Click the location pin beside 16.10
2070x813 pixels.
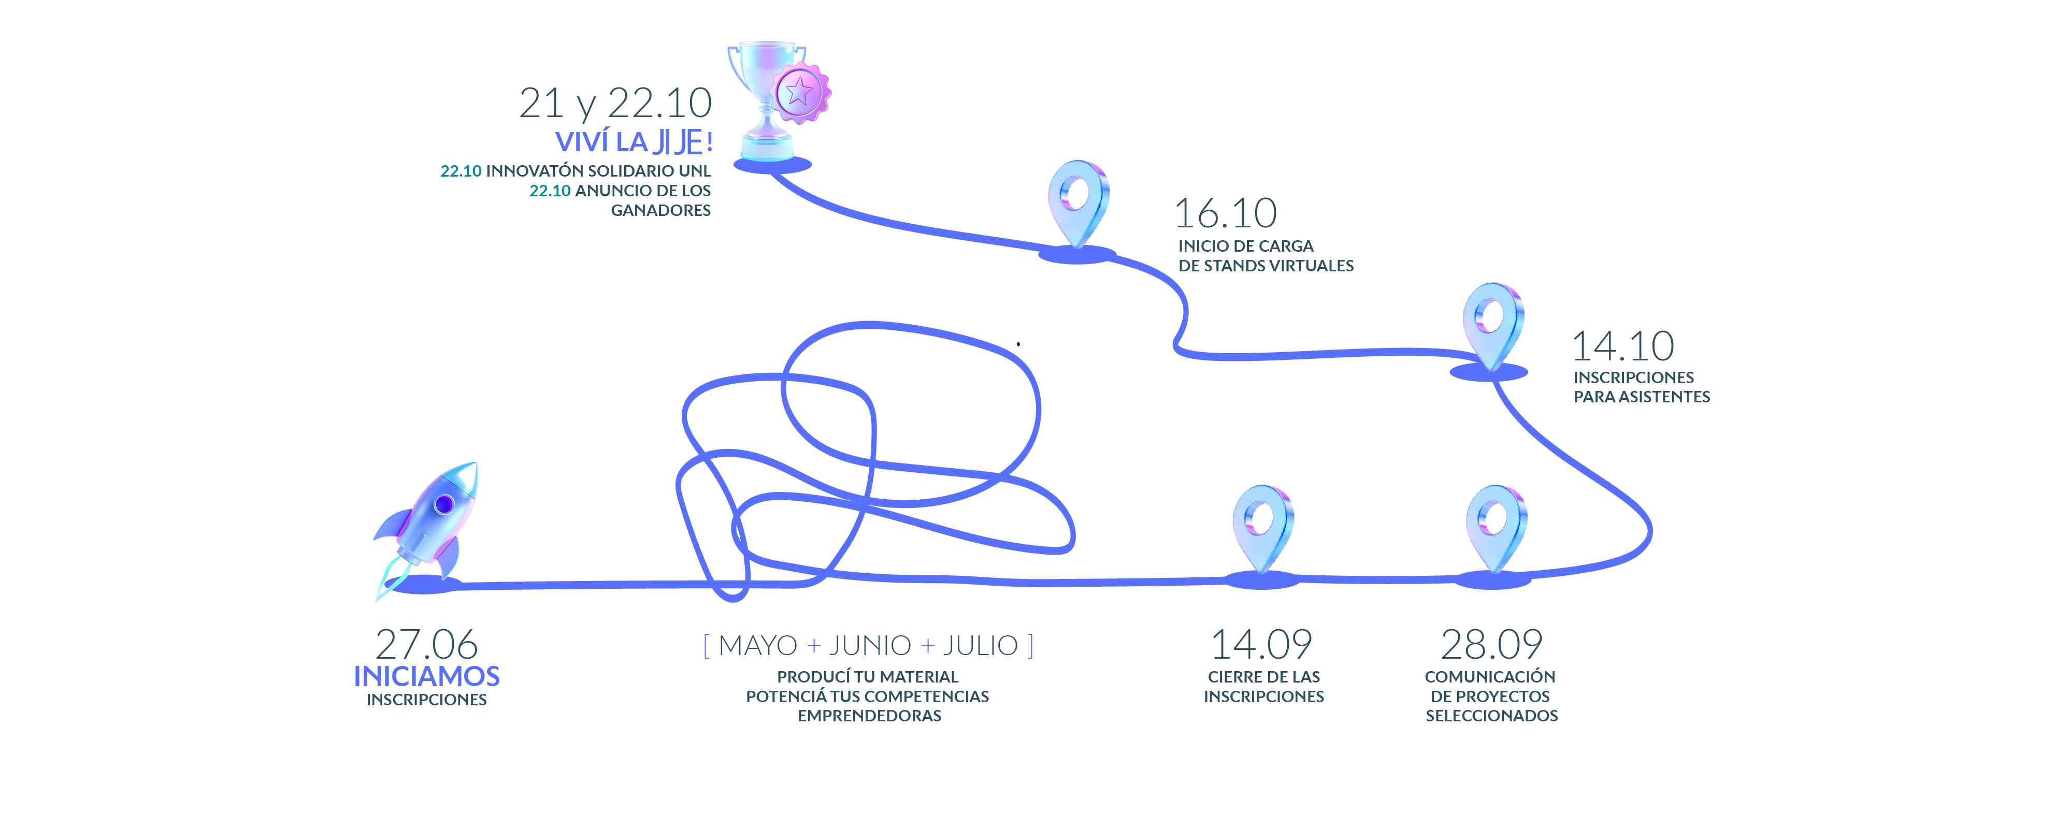(1079, 203)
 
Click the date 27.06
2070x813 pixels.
(427, 644)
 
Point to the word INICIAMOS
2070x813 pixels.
(427, 676)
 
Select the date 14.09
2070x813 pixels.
(1261, 644)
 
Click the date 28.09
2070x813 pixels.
(1491, 644)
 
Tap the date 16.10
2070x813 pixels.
(1226, 214)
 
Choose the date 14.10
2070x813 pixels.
(1623, 346)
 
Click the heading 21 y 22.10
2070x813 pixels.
(615, 104)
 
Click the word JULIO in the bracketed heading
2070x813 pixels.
(981, 645)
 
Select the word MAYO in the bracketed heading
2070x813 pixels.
(758, 645)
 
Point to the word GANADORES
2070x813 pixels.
(660, 210)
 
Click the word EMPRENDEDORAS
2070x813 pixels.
(869, 716)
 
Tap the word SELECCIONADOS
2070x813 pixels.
(1491, 716)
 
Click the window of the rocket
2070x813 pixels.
(443, 504)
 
